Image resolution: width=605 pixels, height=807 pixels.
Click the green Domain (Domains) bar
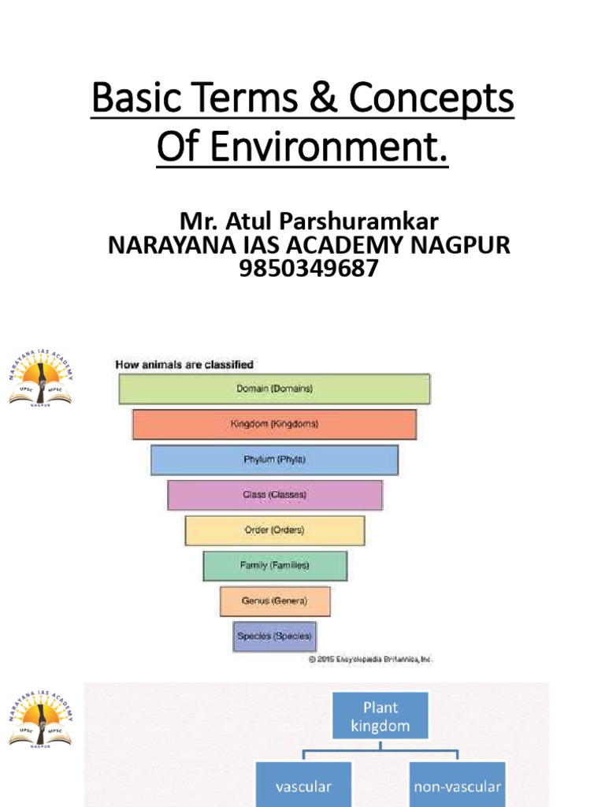(274, 389)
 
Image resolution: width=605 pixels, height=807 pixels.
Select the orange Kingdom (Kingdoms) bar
(274, 424)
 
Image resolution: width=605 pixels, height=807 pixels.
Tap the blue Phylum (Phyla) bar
(274, 459)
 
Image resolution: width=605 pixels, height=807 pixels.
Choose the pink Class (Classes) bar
(274, 495)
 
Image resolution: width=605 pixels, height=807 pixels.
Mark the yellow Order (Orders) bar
(274, 530)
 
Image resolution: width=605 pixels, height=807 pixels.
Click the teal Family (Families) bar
(274, 566)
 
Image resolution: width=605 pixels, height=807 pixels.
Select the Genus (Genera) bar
(274, 601)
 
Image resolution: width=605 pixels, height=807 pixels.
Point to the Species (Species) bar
(274, 636)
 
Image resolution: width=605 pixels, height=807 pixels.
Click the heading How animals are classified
(184, 364)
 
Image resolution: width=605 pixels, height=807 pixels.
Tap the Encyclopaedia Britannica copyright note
(369, 659)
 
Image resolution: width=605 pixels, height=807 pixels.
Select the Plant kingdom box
(380, 716)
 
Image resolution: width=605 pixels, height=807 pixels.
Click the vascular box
(303, 786)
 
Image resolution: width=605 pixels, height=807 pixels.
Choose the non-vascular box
(457, 786)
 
